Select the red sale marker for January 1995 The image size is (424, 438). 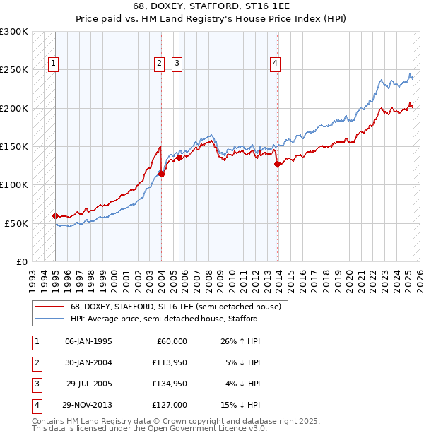tap(55, 215)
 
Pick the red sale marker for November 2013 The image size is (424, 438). tap(277, 164)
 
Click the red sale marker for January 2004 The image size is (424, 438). tap(161, 174)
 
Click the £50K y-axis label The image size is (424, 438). tap(16, 223)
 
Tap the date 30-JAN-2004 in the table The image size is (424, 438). tap(88, 362)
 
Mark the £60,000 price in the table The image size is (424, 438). tap(172, 341)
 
